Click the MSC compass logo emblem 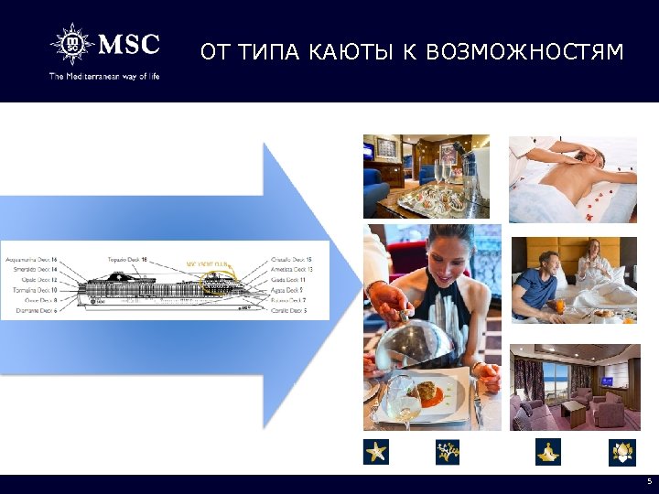point(70,45)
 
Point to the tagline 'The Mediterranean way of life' point(104,77)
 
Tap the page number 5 point(649,481)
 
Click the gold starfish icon point(376,451)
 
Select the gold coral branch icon point(447,451)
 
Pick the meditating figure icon point(547,451)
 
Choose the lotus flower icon point(621,451)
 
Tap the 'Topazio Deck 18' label point(126,260)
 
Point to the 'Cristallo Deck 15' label point(293,260)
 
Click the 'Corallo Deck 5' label point(289,311)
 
